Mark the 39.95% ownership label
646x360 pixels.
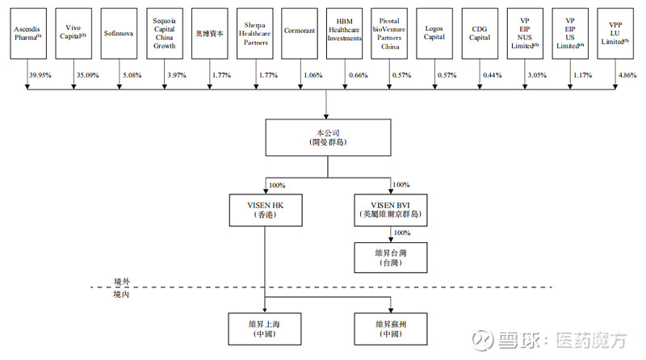pos(40,75)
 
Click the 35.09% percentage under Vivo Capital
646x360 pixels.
pos(86,75)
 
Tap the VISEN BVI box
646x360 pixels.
pos(391,211)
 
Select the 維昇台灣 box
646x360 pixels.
pos(391,257)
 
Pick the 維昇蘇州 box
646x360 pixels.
pos(391,329)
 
